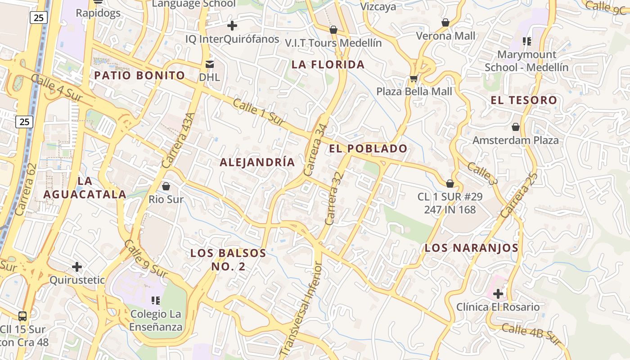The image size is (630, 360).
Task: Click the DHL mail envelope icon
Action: (210, 64)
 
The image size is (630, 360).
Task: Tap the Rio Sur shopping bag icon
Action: (166, 186)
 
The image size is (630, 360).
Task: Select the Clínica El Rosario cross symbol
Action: (498, 294)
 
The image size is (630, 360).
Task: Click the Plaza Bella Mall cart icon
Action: (414, 79)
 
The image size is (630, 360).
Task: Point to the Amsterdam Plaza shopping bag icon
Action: (516, 127)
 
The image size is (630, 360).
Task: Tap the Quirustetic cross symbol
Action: (77, 267)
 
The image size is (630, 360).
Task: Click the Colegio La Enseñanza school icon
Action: (156, 300)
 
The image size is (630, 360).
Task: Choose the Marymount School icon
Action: (526, 42)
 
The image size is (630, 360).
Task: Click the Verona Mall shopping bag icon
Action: (445, 22)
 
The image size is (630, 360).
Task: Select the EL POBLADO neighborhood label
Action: (368, 148)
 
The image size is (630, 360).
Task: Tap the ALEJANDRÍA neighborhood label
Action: (257, 162)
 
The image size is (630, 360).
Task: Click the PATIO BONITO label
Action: (139, 75)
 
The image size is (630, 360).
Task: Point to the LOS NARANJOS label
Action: (472, 248)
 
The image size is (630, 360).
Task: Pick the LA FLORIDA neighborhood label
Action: (328, 64)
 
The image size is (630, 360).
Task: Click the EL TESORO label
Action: (524, 100)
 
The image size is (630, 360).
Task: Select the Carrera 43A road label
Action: (178, 140)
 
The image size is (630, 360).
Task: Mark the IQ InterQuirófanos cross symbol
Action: (232, 26)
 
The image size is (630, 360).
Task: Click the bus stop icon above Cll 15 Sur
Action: (22, 316)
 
